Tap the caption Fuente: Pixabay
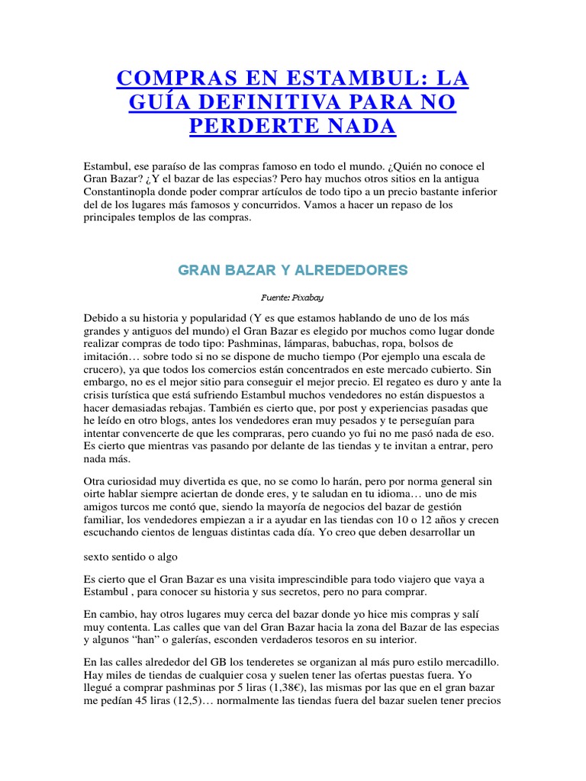(293, 299)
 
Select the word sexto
(100, 558)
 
